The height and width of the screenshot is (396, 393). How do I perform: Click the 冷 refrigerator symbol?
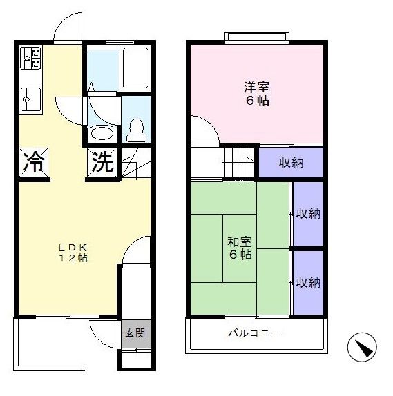tap(33, 162)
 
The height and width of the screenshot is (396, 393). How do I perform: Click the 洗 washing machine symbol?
tap(102, 162)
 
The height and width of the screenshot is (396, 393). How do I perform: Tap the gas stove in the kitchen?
tap(30, 58)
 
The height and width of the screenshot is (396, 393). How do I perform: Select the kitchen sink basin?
tap(30, 99)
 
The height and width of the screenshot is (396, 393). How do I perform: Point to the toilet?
tap(137, 130)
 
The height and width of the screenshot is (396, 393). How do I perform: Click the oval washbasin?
tap(102, 133)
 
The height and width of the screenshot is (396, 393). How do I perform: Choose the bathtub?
tap(135, 68)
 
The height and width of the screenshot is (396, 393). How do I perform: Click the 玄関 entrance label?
tap(135, 333)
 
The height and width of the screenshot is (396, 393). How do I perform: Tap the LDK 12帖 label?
tap(73, 253)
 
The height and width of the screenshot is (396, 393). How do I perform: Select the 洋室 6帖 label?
tap(257, 93)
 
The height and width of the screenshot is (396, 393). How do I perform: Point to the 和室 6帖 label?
tap(240, 248)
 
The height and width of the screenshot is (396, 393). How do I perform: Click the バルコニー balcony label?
tap(254, 333)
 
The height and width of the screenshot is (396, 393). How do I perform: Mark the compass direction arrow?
tap(362, 347)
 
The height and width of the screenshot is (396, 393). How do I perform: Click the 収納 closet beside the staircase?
tap(291, 163)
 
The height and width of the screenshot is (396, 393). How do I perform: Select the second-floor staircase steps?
tap(239, 163)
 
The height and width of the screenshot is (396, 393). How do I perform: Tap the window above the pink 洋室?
tap(257, 39)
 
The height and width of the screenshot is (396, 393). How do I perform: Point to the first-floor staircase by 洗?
tap(137, 163)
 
